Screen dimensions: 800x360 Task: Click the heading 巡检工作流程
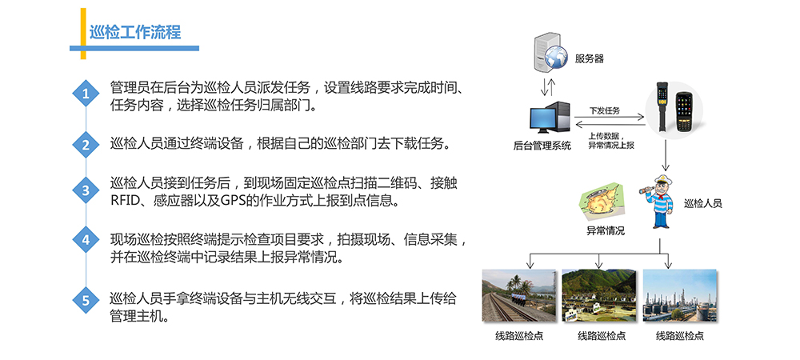coord(135,33)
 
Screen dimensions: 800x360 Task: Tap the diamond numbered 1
coord(86,94)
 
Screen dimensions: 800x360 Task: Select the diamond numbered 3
coord(86,190)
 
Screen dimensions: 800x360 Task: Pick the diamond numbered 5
coord(86,300)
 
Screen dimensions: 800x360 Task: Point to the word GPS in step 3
coord(233,200)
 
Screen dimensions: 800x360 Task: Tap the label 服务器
coord(589,58)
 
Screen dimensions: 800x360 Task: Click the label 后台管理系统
coord(542,147)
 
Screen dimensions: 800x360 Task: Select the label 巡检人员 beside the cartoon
coord(702,203)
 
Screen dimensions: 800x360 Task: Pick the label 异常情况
coord(605,231)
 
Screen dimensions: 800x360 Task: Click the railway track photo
coord(519,295)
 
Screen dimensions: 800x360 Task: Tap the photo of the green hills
coord(599,295)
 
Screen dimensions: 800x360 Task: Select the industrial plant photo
coord(679,295)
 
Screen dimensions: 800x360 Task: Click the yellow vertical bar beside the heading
coord(83,34)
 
